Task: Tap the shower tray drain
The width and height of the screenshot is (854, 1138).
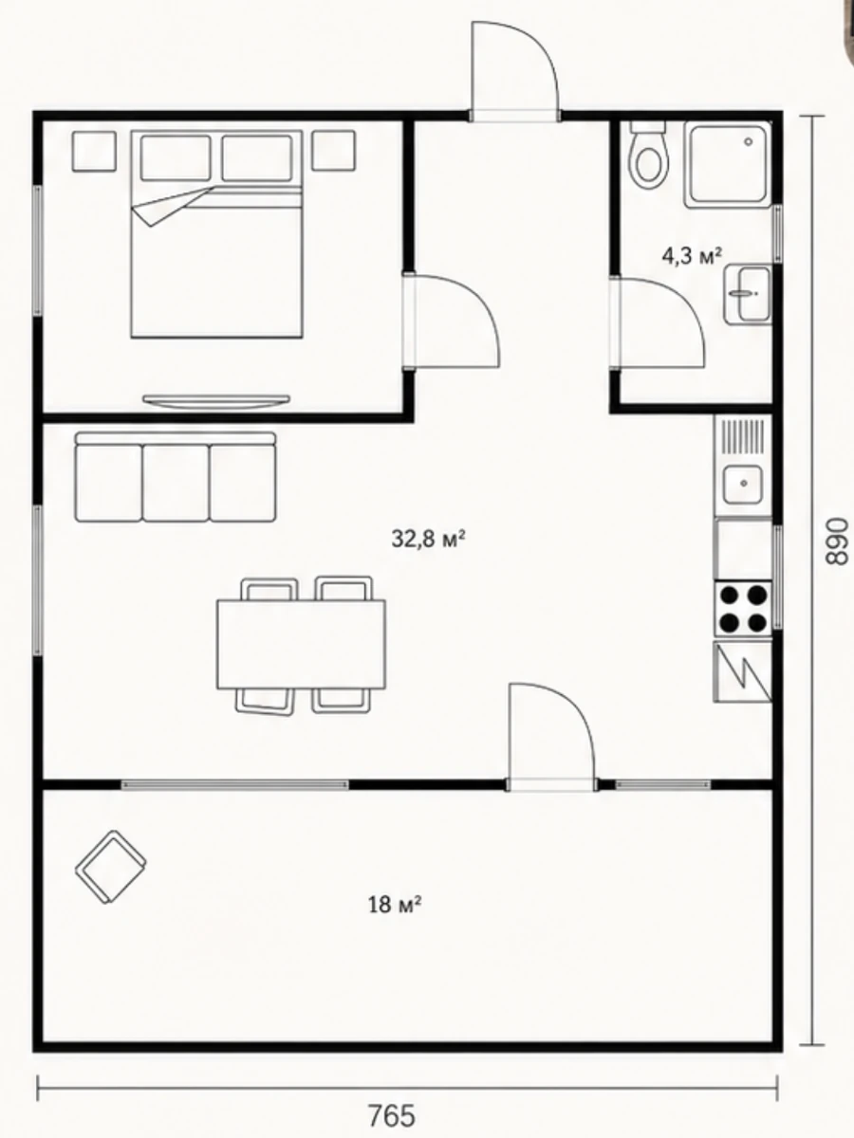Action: click(x=749, y=141)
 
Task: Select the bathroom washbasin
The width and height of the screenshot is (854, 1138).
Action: click(x=747, y=295)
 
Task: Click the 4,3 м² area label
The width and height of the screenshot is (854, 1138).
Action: click(x=693, y=256)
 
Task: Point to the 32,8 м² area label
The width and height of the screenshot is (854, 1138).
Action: click(x=428, y=540)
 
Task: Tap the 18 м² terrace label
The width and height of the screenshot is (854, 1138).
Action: click(x=394, y=906)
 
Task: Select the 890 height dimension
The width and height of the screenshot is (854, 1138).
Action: click(x=835, y=541)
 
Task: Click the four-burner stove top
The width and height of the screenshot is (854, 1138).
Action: click(x=743, y=608)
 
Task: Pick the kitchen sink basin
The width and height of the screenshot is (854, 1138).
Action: click(x=743, y=484)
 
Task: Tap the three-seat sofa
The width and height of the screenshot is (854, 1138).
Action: click(x=176, y=476)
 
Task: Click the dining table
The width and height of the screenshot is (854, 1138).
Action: click(x=301, y=645)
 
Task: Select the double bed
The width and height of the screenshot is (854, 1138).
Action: click(x=216, y=234)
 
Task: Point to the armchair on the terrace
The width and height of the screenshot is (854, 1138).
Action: click(x=111, y=867)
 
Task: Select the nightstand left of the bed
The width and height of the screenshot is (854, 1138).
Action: click(x=94, y=151)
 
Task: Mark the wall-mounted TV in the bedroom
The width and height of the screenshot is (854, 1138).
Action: click(x=216, y=401)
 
